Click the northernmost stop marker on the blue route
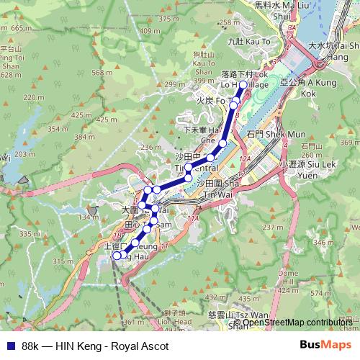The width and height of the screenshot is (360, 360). (x=243, y=85)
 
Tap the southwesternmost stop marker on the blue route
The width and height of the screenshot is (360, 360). (x=117, y=255)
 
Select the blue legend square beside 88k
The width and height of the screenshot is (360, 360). (x=7, y=346)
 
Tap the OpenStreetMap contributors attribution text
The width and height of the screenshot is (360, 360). (x=297, y=323)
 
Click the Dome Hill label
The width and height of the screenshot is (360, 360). (x=288, y=277)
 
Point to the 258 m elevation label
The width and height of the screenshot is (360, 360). (x=228, y=22)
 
